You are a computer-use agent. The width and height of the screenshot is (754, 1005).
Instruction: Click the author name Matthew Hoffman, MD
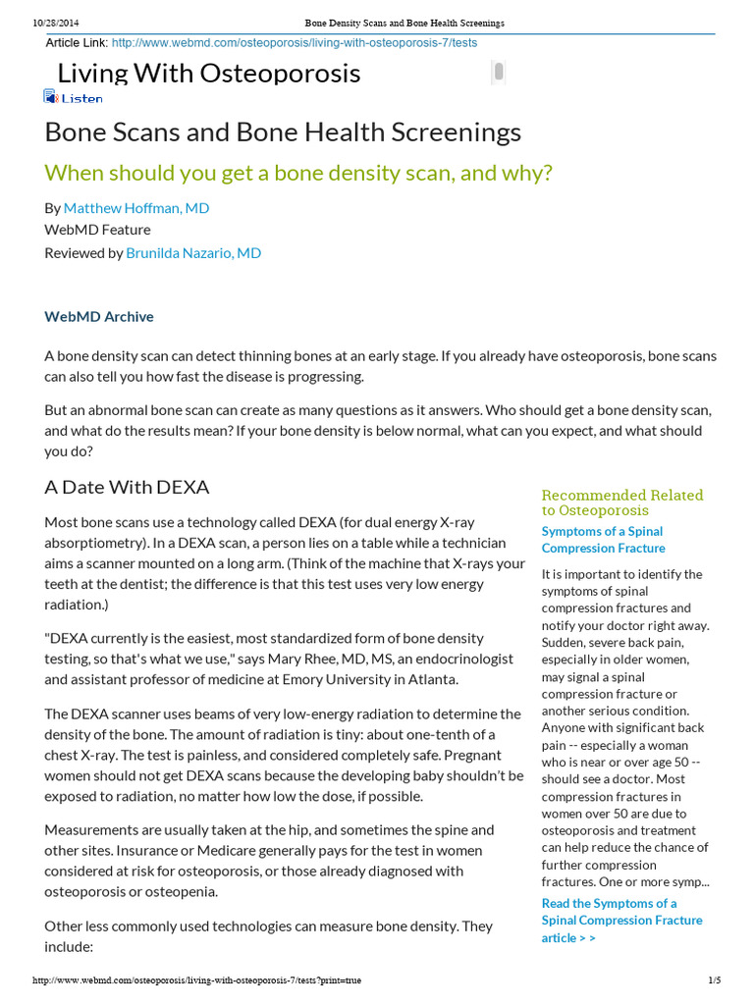click(x=135, y=208)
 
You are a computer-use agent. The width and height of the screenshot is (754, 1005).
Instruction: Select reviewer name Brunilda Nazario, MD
click(x=192, y=252)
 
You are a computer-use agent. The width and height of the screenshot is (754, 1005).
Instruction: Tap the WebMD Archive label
click(x=99, y=316)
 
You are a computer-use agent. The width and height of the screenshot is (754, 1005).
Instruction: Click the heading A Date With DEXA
click(x=127, y=487)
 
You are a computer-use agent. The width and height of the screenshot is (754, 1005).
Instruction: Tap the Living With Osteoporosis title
click(x=208, y=73)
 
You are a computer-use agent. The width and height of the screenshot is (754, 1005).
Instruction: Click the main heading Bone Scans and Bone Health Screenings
click(x=283, y=132)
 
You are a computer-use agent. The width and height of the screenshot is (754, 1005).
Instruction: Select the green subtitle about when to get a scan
click(x=298, y=173)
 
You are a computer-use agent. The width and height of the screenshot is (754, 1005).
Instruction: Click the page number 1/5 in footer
click(x=714, y=980)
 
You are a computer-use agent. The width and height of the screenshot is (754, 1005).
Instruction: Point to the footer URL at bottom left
click(x=196, y=980)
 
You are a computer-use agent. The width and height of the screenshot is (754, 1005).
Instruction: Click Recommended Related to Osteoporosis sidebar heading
click(x=621, y=502)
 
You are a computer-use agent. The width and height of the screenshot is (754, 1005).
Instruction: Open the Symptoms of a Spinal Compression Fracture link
click(x=603, y=540)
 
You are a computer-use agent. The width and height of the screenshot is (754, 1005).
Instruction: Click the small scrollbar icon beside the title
click(x=499, y=71)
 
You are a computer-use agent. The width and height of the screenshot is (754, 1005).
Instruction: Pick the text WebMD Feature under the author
click(x=97, y=230)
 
